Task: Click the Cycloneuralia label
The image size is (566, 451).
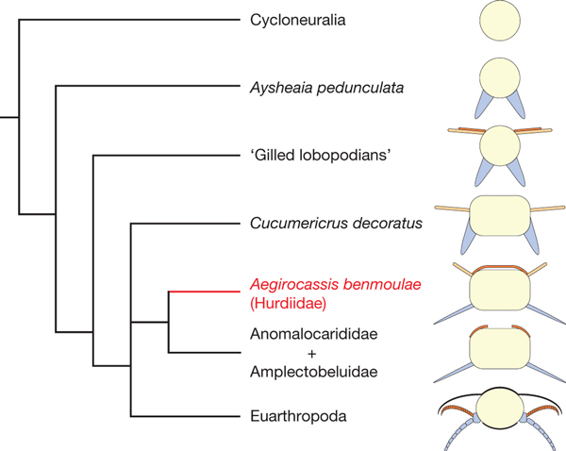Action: click(x=299, y=20)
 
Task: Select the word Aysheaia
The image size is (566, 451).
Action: click(x=279, y=88)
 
